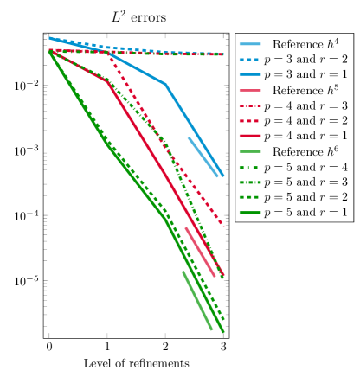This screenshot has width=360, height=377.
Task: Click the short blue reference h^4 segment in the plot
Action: (x=203, y=157)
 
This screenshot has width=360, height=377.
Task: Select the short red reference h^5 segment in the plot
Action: (x=200, y=252)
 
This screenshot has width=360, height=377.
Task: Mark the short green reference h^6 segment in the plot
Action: (x=196, y=299)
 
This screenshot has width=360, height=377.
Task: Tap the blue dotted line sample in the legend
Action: (x=248, y=60)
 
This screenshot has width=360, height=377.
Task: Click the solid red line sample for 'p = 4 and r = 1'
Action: (x=248, y=136)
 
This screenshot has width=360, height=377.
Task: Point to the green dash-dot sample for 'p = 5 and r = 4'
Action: (x=248, y=167)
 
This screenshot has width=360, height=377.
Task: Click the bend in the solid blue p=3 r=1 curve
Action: (x=165, y=84)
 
